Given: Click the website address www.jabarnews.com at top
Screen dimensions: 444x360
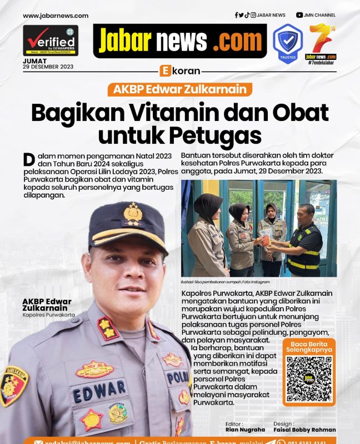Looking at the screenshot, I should [56, 16].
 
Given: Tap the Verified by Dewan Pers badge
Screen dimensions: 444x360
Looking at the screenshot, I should [51, 41].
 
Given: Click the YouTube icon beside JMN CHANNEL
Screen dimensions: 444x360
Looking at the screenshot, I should [299, 16].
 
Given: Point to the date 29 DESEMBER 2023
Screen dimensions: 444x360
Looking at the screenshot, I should [48, 67].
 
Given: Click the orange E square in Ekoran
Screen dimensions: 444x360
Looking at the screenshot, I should [164, 71].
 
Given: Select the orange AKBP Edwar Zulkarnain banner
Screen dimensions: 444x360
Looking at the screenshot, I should [180, 89].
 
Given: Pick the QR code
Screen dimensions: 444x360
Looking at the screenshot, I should [309, 380].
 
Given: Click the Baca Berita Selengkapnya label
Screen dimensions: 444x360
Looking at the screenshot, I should [309, 347].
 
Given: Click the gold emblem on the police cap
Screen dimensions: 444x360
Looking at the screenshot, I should [133, 214].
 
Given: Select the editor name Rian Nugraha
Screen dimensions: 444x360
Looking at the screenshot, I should [245, 430].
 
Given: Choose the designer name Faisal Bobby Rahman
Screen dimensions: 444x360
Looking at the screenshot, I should [304, 430].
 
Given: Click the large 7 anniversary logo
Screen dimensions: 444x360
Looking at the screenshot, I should [321, 38].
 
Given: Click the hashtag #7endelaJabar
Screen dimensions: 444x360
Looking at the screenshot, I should [322, 62].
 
